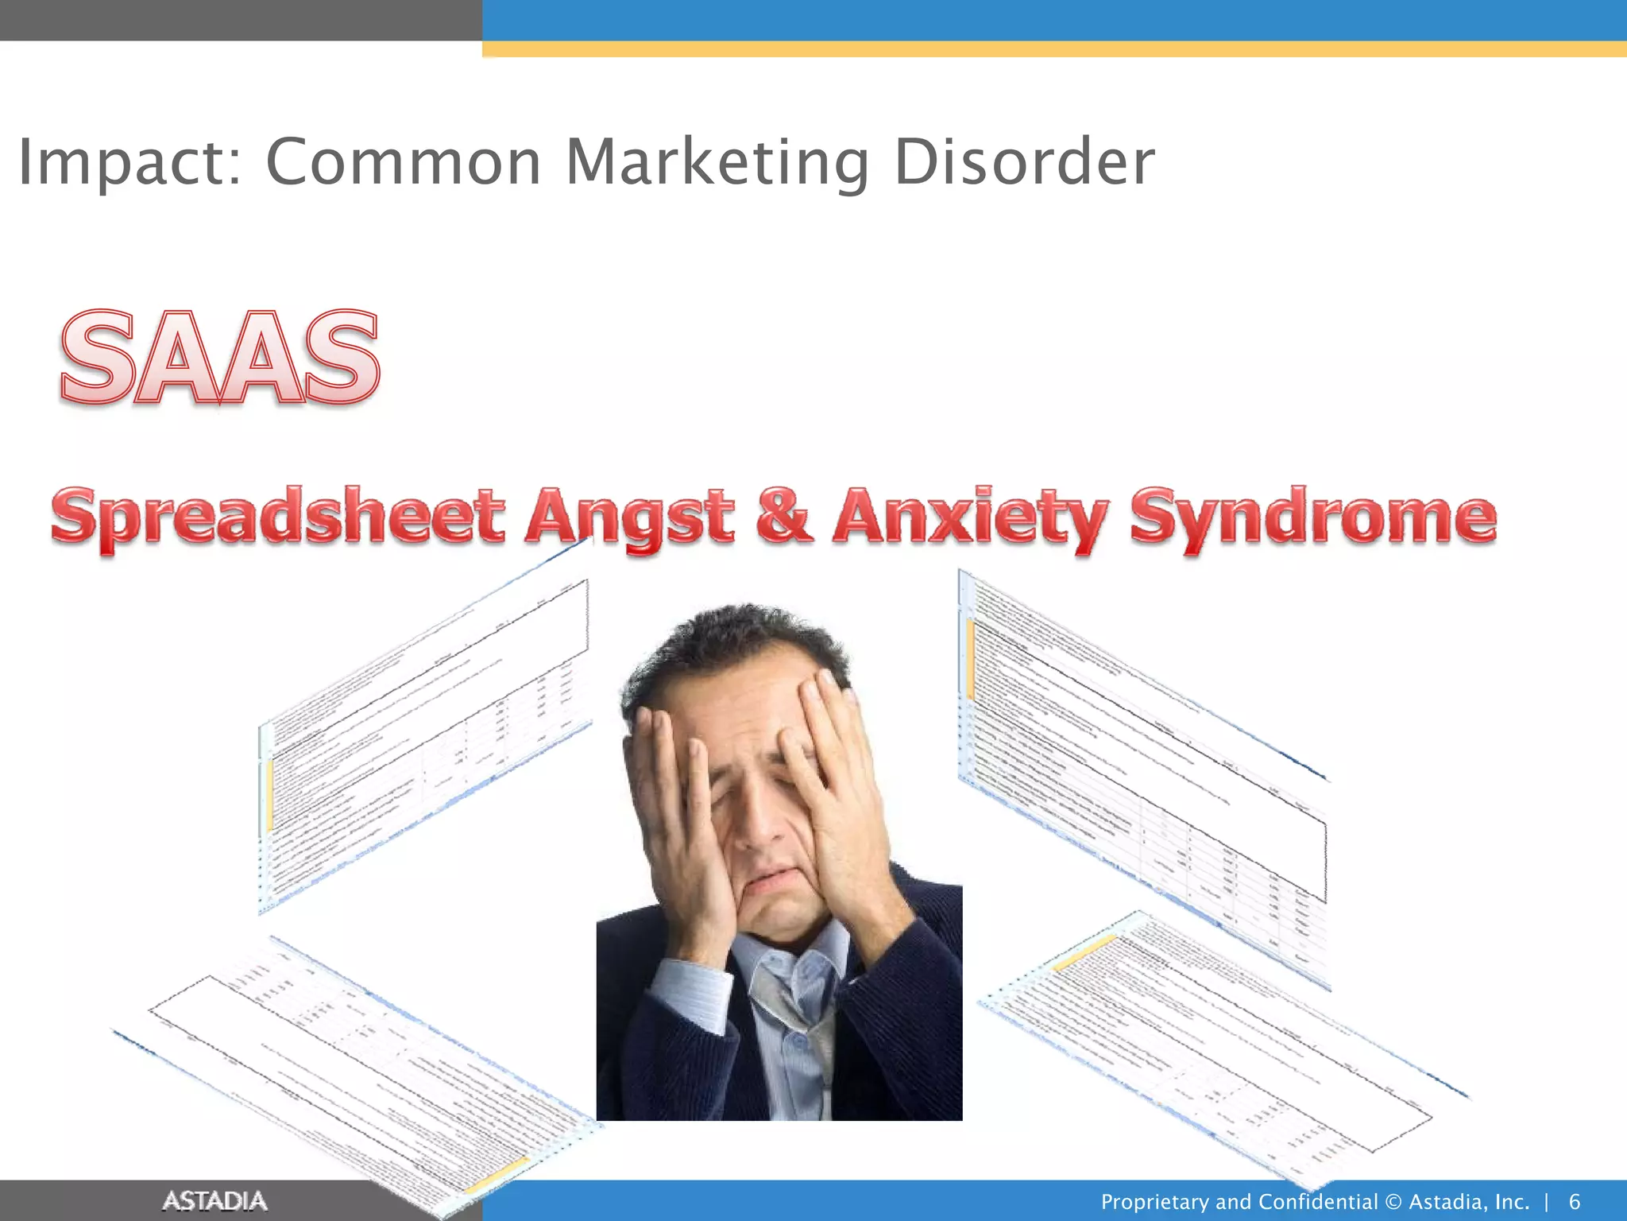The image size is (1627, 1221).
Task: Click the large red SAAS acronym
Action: pyautogui.click(x=219, y=358)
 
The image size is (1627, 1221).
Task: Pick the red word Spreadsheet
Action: pyautogui.click(x=278, y=517)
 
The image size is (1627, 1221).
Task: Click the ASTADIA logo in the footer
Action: pyautogui.click(x=214, y=1200)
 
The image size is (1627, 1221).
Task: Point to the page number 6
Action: pyautogui.click(x=1575, y=1201)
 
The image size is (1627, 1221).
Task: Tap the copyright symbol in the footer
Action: pyautogui.click(x=1393, y=1201)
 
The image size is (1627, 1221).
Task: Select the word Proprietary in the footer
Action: pyautogui.click(x=1156, y=1202)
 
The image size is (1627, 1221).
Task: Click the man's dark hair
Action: pyautogui.click(x=731, y=636)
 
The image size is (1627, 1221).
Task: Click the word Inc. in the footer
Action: pyautogui.click(x=1512, y=1201)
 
